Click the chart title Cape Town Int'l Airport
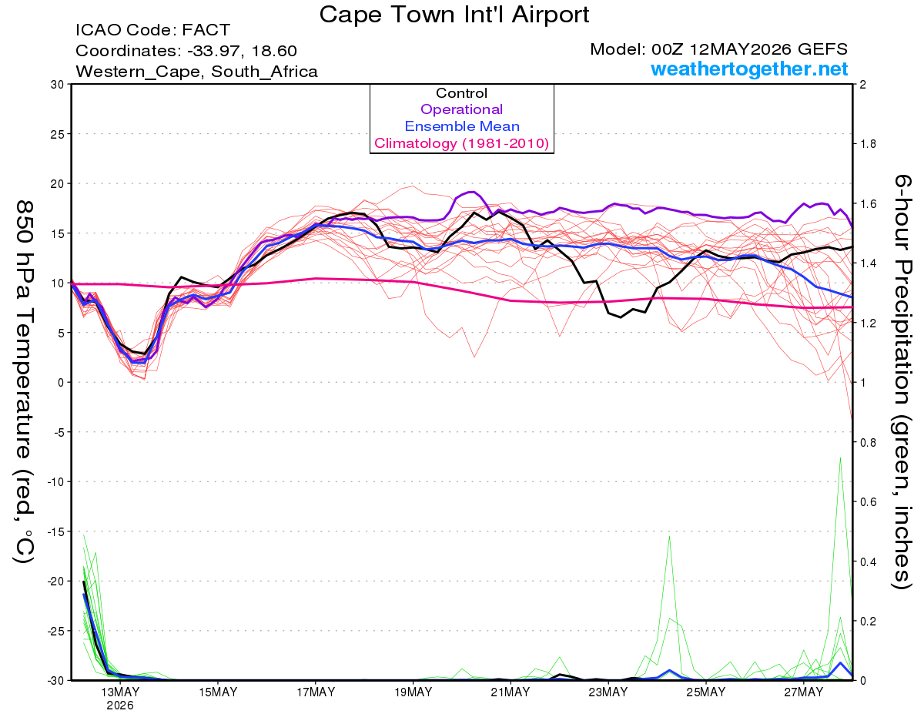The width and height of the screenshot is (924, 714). pyautogui.click(x=454, y=15)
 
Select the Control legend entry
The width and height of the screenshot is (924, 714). pyautogui.click(x=461, y=93)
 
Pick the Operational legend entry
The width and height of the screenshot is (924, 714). pyautogui.click(x=461, y=109)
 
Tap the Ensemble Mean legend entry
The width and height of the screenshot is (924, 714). pyautogui.click(x=462, y=126)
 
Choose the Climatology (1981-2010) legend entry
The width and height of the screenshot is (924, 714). pyautogui.click(x=461, y=143)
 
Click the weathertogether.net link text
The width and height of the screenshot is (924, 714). pyautogui.click(x=749, y=69)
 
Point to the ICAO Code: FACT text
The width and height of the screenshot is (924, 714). pyautogui.click(x=152, y=30)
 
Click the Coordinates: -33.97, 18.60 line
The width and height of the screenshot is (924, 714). pyautogui.click(x=186, y=51)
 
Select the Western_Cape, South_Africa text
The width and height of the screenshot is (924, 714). pyautogui.click(x=196, y=72)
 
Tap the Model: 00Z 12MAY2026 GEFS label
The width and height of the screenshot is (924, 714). pyautogui.click(x=718, y=49)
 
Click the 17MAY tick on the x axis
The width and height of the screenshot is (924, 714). pyautogui.click(x=316, y=692)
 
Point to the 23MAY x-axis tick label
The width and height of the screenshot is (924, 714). pyautogui.click(x=608, y=692)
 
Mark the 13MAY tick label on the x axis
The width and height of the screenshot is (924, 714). pyautogui.click(x=120, y=692)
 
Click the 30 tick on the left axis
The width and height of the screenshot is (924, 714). pyautogui.click(x=57, y=85)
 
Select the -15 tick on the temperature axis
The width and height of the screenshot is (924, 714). pyautogui.click(x=55, y=531)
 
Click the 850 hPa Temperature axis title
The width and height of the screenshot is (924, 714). pyautogui.click(x=24, y=382)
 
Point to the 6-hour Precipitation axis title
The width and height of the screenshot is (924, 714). pyautogui.click(x=902, y=381)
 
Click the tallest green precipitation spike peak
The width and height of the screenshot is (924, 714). pyautogui.click(x=840, y=458)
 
